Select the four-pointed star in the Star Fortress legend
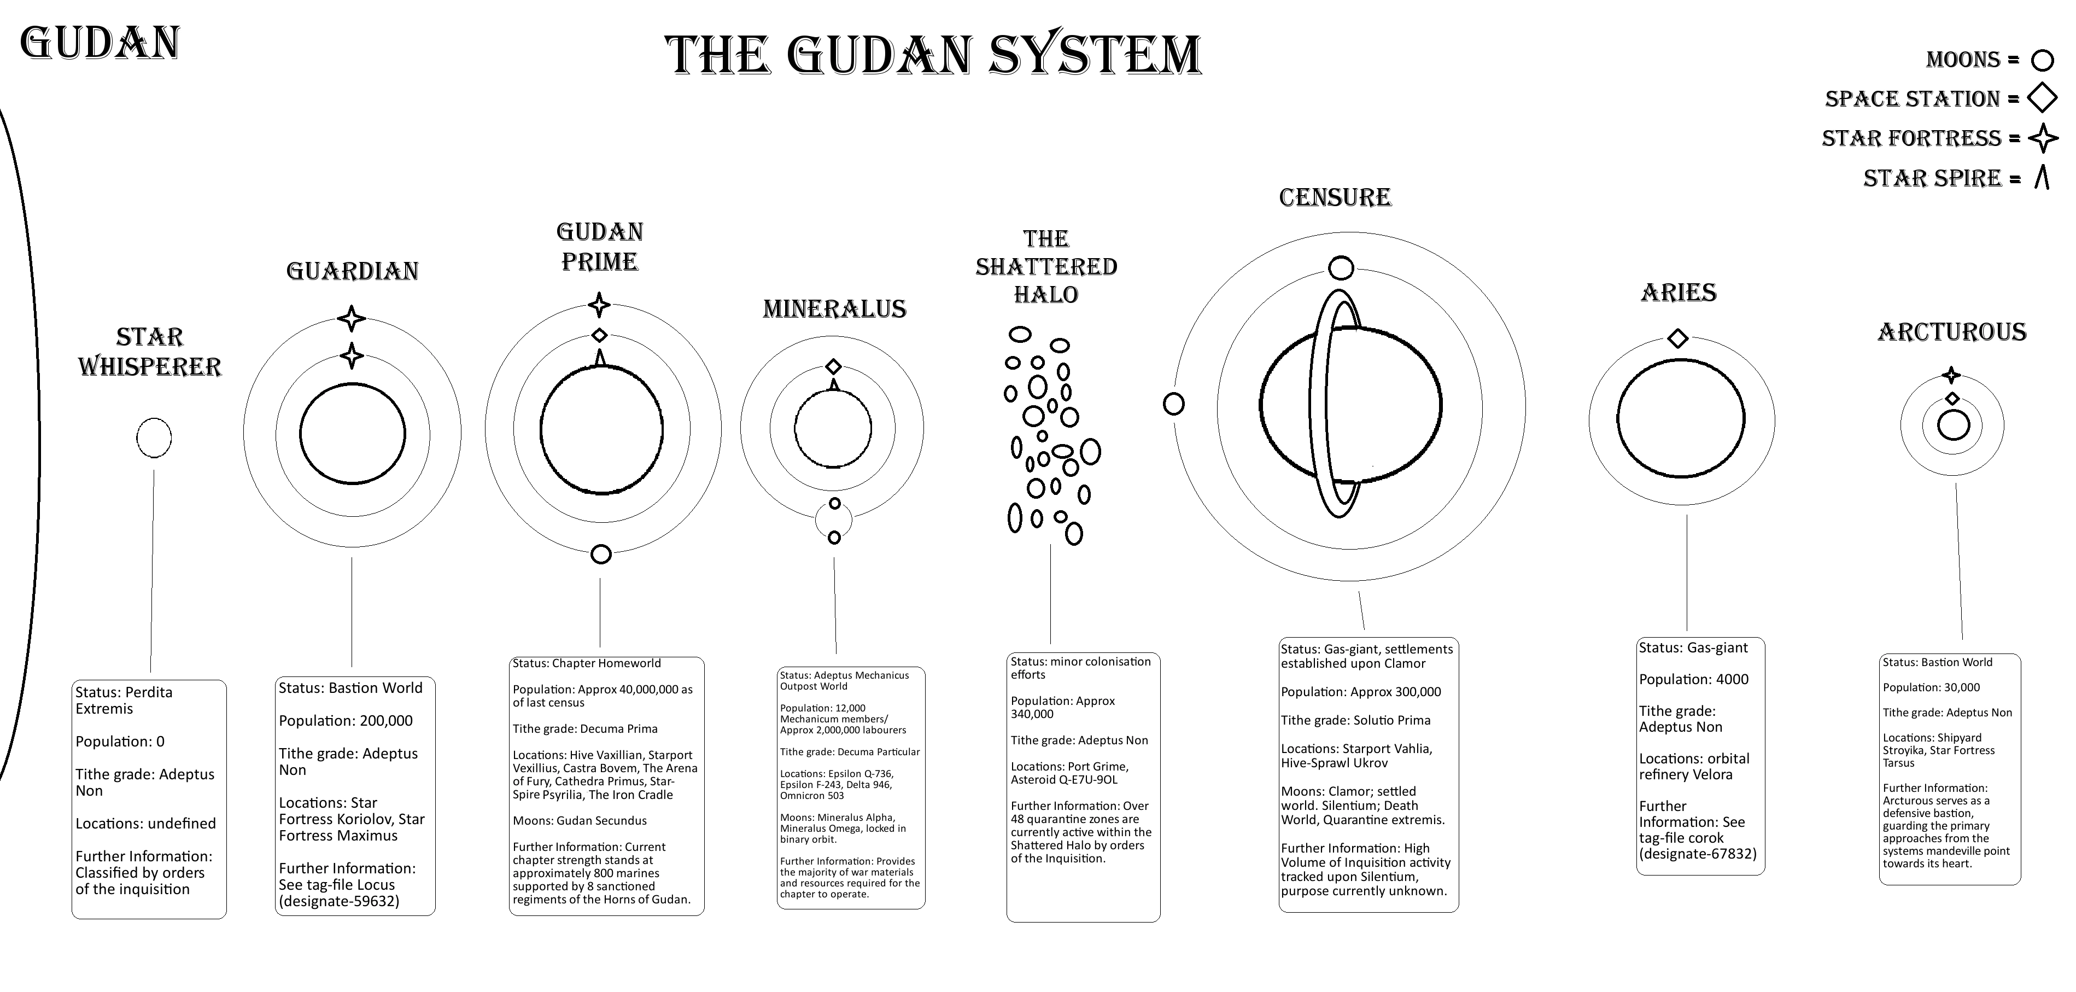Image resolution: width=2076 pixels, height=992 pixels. click(2043, 138)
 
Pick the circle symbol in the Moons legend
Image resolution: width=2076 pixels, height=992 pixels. click(2042, 61)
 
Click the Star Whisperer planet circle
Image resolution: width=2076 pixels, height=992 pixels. click(154, 437)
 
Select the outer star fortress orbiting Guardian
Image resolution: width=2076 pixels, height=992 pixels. click(352, 318)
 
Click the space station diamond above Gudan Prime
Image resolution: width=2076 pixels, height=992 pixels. click(599, 335)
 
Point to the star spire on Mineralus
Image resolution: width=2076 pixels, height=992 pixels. click(834, 384)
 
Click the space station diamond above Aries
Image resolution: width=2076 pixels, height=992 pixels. click(1678, 337)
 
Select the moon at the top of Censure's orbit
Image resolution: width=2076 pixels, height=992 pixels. click(1341, 267)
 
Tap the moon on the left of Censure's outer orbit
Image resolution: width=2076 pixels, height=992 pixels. click(1173, 404)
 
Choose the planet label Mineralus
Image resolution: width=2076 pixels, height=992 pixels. click(834, 308)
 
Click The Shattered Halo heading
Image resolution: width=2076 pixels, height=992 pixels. click(1046, 267)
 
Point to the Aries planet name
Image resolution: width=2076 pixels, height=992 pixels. click(1679, 293)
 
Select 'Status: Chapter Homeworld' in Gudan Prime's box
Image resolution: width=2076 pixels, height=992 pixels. click(587, 663)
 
